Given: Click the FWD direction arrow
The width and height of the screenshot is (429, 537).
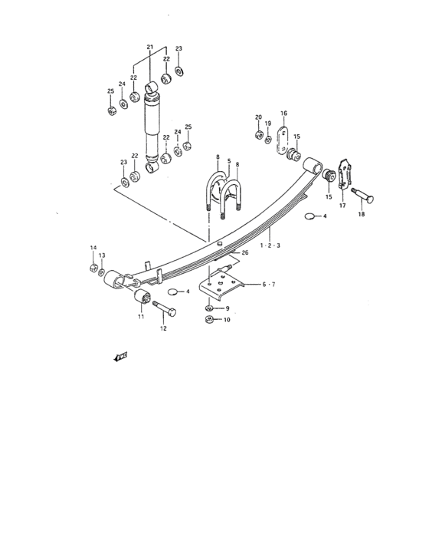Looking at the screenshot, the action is point(120,357).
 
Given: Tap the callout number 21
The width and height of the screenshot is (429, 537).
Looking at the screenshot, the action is point(150,47).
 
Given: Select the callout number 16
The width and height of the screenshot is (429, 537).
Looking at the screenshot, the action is point(284,113).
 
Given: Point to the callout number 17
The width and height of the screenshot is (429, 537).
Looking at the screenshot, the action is point(342,206).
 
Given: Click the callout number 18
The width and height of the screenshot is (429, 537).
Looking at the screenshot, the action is point(362,214).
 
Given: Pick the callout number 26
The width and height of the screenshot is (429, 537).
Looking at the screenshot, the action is point(245,252).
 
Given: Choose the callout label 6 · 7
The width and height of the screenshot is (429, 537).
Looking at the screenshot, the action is point(269,285).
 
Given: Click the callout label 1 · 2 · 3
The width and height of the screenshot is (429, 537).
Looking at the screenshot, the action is point(270,245).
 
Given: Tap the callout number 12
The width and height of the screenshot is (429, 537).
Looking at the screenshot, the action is point(163,328).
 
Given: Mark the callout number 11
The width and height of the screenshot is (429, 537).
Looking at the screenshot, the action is point(141,317).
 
